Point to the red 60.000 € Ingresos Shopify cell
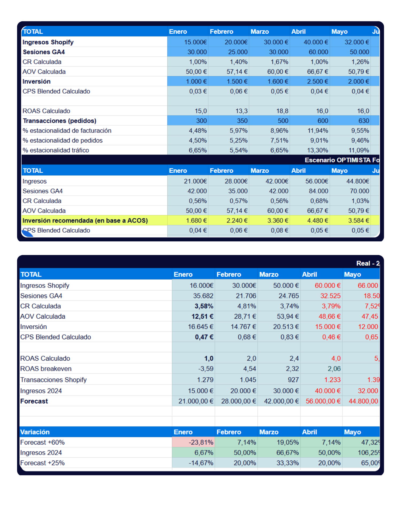click(327, 285)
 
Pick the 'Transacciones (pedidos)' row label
click(60, 121)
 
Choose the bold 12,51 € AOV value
click(202, 316)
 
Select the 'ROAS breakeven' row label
click(46, 369)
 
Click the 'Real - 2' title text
click(368, 263)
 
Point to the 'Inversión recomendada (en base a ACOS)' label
click(85, 221)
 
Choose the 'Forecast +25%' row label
click(43, 463)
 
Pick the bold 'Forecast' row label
click(34, 401)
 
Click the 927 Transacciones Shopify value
click(293, 380)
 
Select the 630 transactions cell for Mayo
click(364, 121)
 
